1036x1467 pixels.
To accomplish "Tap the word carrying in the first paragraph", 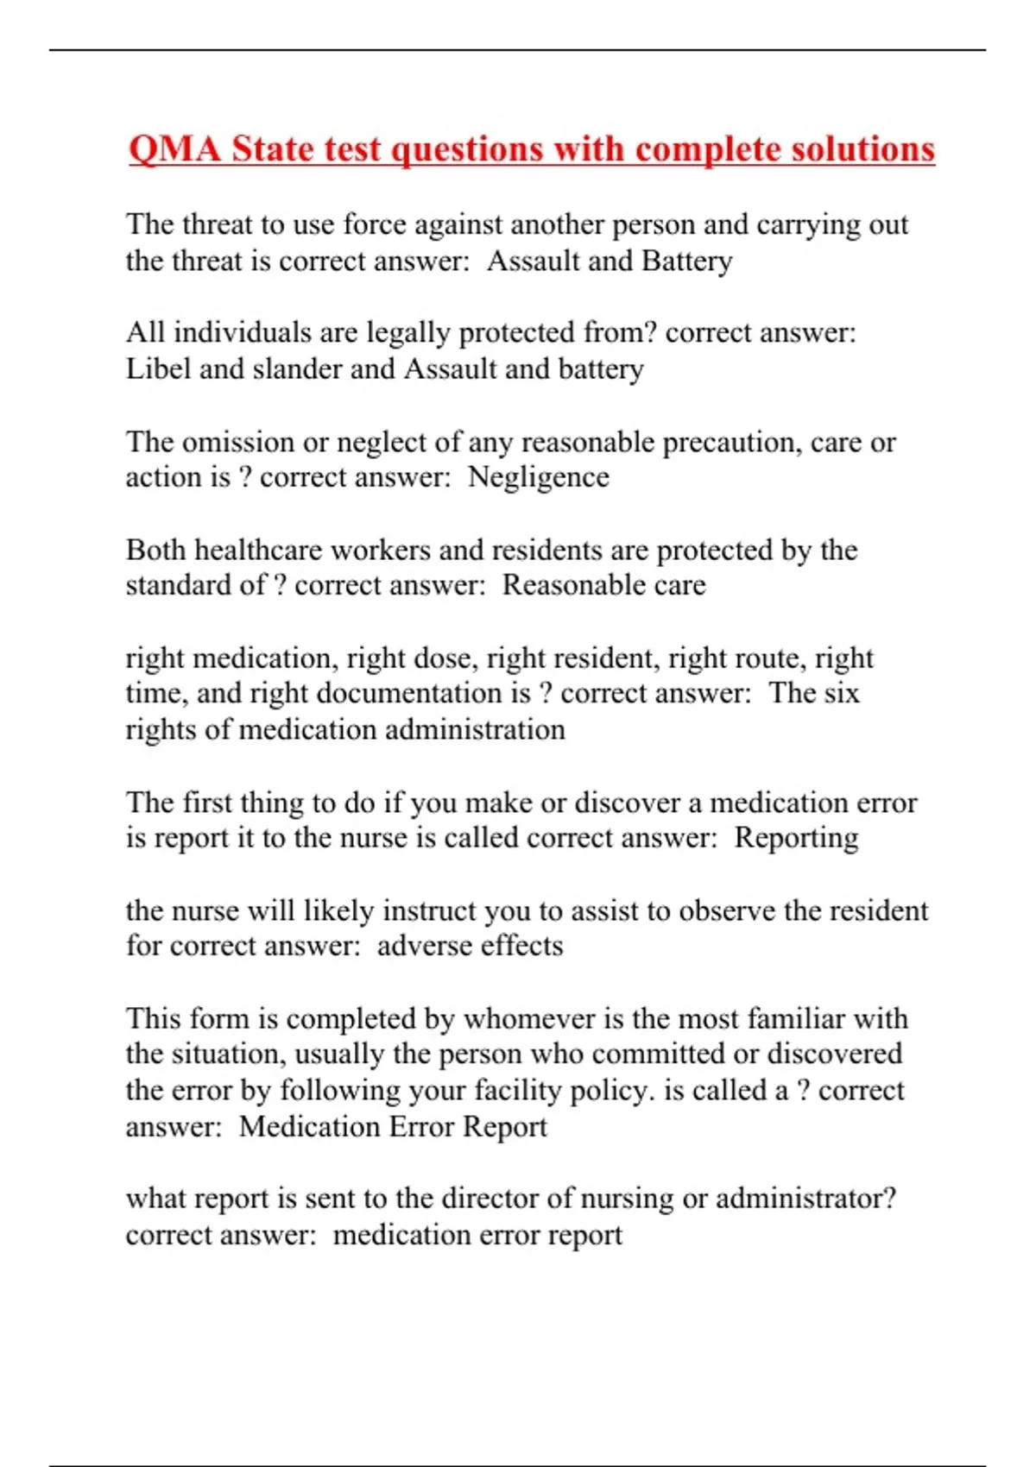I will coord(808,224).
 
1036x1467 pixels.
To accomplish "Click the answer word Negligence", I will coord(538,477).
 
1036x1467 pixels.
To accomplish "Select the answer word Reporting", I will coord(796,838).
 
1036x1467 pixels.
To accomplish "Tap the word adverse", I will coord(425,946).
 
